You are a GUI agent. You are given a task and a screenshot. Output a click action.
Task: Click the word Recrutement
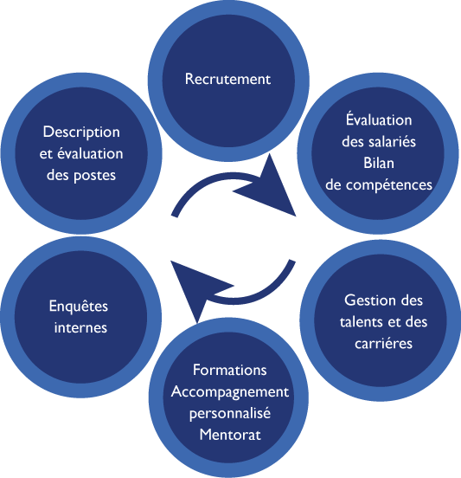pos(227,79)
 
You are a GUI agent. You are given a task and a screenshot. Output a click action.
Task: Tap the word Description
pos(81,132)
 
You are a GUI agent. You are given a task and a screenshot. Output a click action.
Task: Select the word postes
pos(94,176)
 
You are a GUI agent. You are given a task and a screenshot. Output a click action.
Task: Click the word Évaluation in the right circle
pos(379,119)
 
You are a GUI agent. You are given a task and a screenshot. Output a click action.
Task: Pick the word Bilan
pos(379,163)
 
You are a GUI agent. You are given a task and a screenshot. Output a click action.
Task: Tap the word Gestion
pos(368,300)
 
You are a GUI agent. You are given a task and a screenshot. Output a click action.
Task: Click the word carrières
pos(383,344)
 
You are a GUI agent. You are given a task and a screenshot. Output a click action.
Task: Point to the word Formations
pos(230,370)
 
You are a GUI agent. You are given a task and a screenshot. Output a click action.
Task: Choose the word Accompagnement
pos(230,392)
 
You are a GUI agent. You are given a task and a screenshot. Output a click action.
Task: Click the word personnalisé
pos(230,414)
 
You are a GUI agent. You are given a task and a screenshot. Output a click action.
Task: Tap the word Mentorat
pos(230,435)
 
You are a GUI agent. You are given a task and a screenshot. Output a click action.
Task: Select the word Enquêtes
pos(79,307)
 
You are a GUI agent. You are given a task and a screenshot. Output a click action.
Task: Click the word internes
pos(80,327)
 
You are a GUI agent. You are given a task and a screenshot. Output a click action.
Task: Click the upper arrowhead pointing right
pos(268,189)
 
